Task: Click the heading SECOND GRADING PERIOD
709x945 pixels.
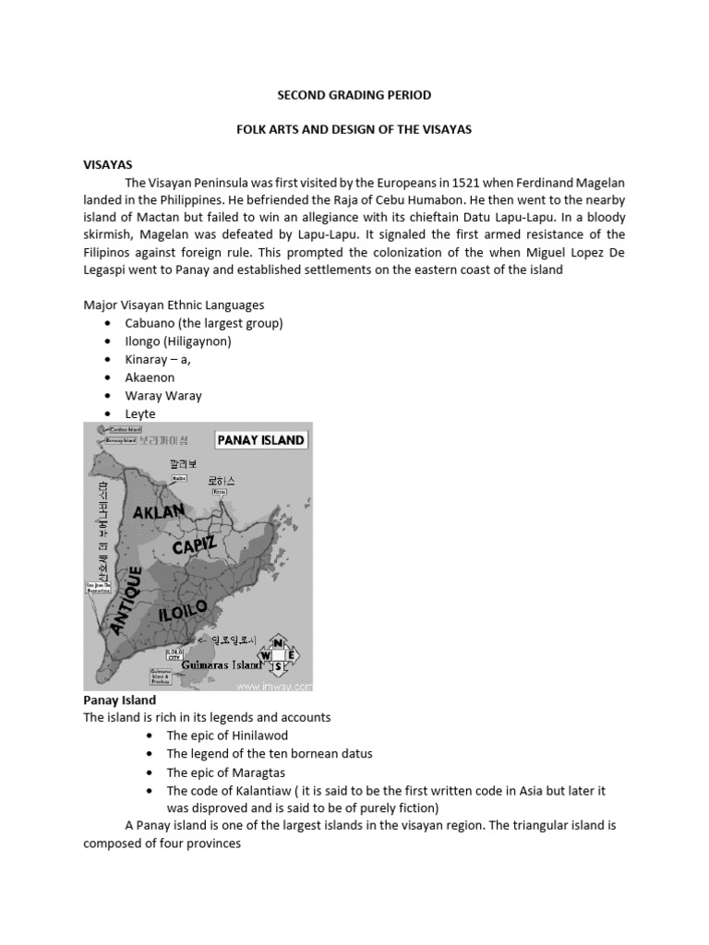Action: (354, 95)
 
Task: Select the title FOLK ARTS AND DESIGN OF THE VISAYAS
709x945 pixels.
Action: (354, 129)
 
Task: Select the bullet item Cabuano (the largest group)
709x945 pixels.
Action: (204, 323)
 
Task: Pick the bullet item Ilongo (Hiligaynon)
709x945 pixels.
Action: (178, 341)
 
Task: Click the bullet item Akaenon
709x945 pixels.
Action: (150, 377)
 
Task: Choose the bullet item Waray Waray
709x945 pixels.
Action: (163, 395)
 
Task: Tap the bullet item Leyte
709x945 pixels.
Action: (140, 413)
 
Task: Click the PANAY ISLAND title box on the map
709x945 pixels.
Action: (260, 440)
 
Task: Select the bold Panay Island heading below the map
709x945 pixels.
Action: (120, 700)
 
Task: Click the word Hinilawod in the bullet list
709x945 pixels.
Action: (258, 736)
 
